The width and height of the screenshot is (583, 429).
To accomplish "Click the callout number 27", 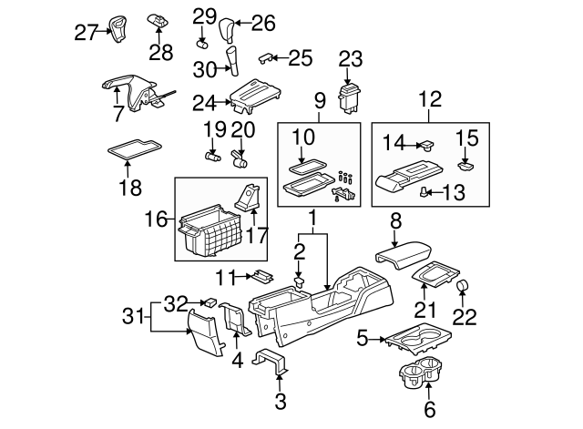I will (x=85, y=33).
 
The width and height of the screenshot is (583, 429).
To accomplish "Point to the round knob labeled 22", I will (x=463, y=289).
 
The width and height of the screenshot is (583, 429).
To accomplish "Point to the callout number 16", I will (x=160, y=220).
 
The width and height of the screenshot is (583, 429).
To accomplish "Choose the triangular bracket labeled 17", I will (x=251, y=196).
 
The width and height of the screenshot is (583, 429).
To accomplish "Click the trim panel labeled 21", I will (x=435, y=275).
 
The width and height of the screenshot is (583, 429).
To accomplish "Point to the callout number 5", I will (x=362, y=340).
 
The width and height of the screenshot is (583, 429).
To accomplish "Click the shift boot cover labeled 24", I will (x=252, y=97).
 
